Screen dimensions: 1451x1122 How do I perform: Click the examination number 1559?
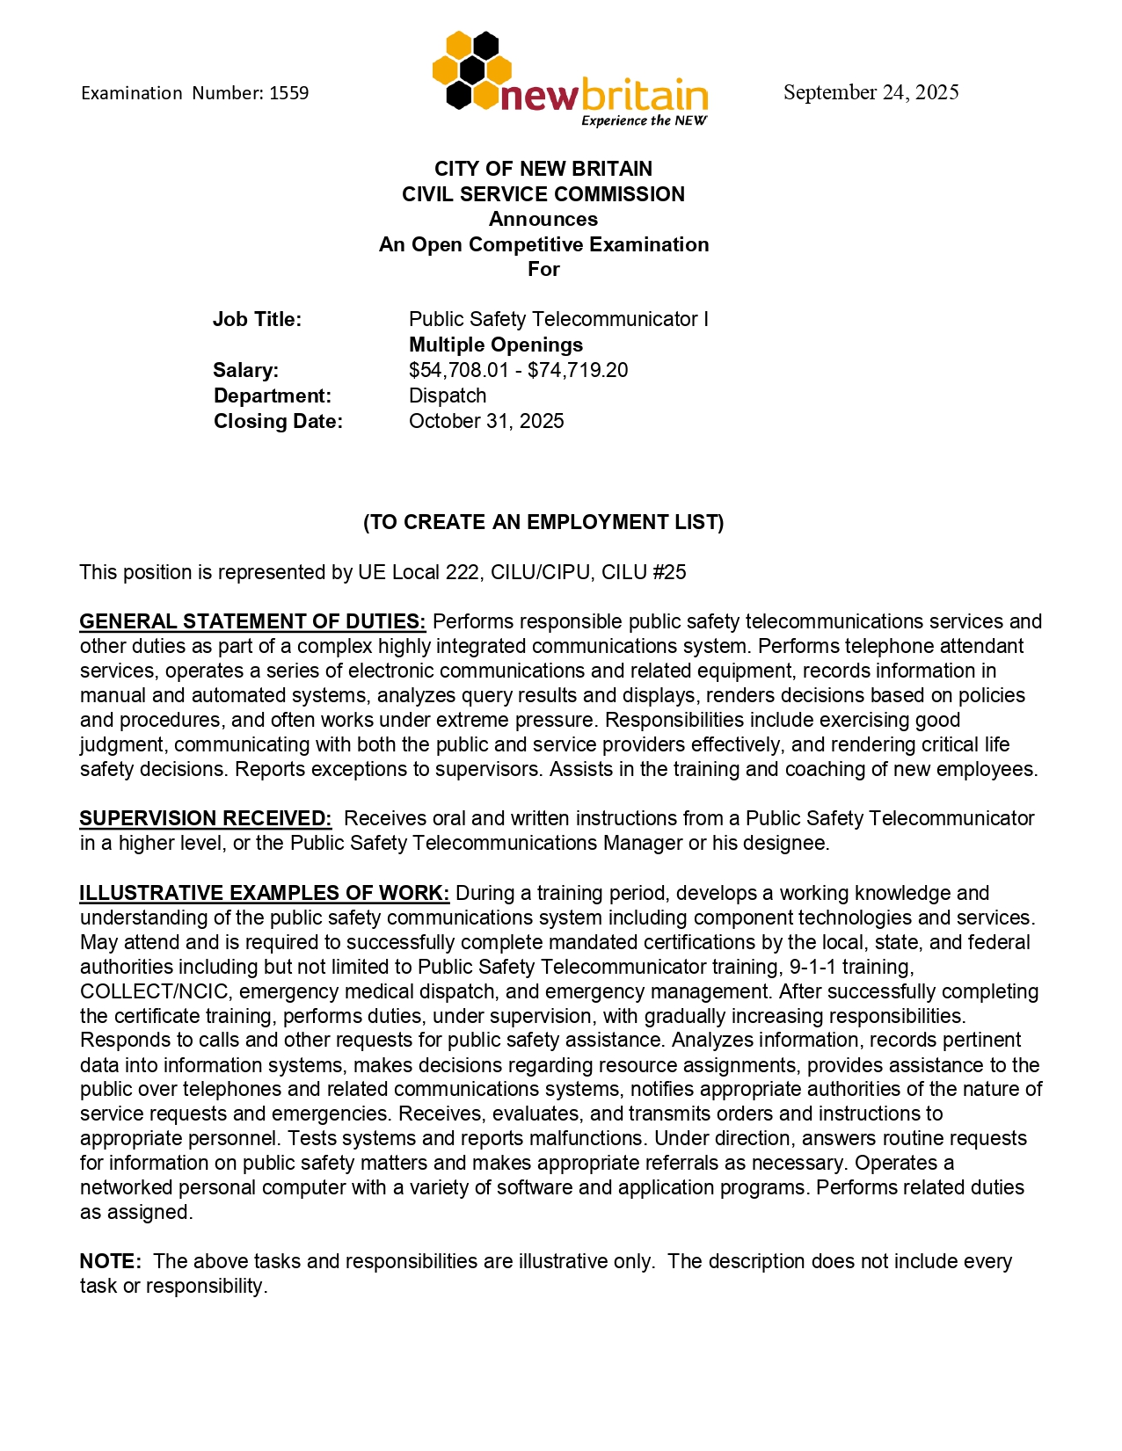coord(288,93)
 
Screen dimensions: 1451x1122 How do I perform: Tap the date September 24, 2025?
coord(871,92)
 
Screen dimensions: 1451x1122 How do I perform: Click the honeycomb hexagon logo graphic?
coord(470,70)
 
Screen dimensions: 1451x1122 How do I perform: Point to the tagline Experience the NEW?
coord(644,121)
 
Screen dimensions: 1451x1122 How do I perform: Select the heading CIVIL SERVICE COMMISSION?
coord(543,194)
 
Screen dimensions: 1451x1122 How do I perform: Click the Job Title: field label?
coord(257,320)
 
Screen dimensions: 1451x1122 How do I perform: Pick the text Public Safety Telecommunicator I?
coord(558,320)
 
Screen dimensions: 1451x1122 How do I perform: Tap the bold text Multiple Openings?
coord(496,345)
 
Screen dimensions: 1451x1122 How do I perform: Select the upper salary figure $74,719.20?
coord(578,371)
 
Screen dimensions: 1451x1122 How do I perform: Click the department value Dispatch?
coord(448,396)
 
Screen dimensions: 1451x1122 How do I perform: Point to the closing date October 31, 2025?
coord(486,422)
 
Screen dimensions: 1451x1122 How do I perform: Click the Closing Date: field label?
coord(278,422)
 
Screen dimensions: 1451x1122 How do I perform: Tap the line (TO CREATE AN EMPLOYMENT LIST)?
coord(543,523)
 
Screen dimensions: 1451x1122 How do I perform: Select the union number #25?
coord(669,573)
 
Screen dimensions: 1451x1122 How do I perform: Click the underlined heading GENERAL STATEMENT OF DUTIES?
coord(252,622)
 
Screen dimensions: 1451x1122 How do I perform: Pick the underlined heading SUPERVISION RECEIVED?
coord(206,819)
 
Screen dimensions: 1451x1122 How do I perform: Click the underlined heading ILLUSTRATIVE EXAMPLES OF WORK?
coord(265,894)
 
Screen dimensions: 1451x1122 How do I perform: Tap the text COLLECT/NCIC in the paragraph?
coord(156,992)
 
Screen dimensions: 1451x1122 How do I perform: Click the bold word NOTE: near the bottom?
coord(110,1262)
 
